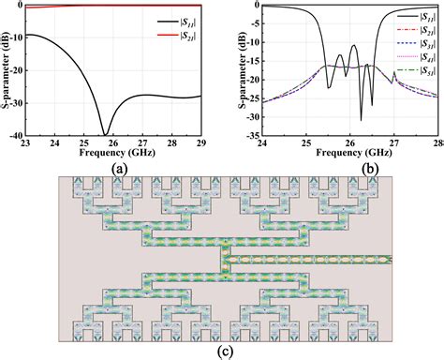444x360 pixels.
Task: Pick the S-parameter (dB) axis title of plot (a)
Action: point(7,70)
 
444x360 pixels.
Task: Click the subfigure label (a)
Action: point(118,169)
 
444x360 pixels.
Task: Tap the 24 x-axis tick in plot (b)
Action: point(262,146)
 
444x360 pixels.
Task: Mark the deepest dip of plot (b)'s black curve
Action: point(362,120)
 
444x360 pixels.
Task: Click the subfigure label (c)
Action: point(222,352)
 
